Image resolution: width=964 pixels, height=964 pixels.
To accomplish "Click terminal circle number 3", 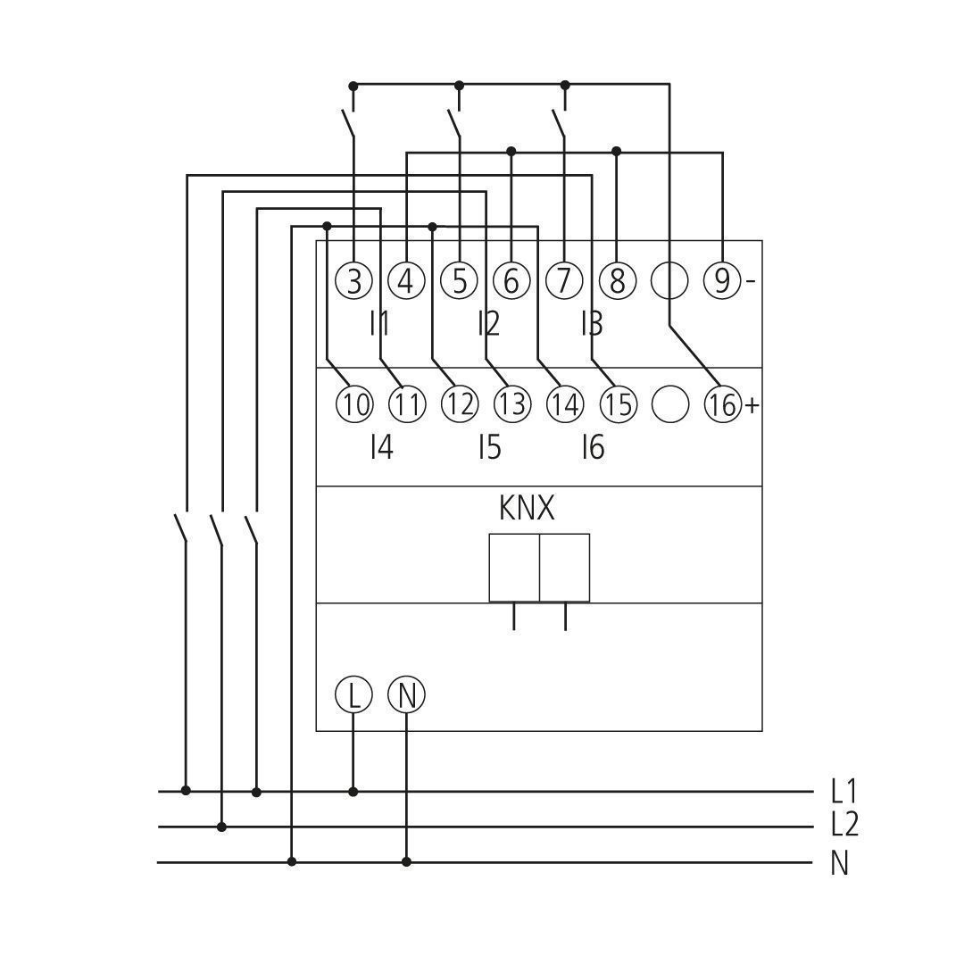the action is [354, 281].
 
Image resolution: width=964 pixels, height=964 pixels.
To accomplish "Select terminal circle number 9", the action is [722, 281].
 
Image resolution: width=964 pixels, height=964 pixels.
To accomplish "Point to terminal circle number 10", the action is [354, 404].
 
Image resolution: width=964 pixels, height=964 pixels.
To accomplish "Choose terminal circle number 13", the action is [512, 404].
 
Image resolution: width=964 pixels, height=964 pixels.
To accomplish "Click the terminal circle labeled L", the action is [353, 695].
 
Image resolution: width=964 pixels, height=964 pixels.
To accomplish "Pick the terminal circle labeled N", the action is [406, 695].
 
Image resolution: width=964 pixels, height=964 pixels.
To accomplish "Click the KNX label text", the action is [527, 509].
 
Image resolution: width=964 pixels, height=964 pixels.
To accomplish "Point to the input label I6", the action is [594, 447].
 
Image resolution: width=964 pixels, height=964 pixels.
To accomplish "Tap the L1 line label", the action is [843, 791].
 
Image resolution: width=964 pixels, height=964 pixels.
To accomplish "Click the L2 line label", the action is [844, 825].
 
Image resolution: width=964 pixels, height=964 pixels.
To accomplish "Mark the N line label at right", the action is [840, 863].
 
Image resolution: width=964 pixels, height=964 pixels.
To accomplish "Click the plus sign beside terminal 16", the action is [752, 405].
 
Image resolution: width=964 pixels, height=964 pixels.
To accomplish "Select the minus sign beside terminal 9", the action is [751, 281].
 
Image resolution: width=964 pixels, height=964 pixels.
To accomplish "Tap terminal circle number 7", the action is [564, 281].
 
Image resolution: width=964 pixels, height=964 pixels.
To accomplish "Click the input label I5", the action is [490, 447].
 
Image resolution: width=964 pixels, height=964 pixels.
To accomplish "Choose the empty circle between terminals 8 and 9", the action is [669, 281].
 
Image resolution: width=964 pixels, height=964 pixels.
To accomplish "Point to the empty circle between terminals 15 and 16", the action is [669, 404].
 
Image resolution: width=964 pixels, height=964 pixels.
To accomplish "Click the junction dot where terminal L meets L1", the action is [353, 792].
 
